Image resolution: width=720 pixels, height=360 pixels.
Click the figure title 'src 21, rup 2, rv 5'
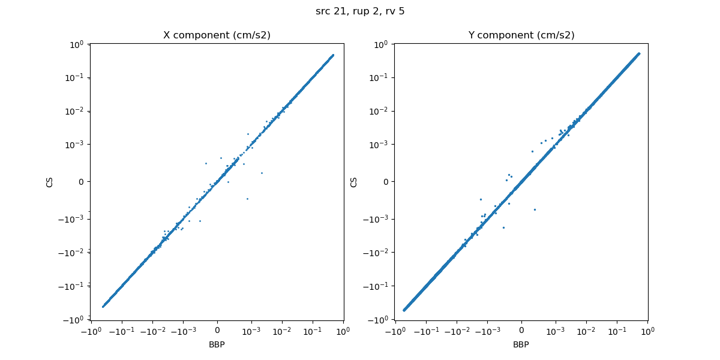(x=360, y=11)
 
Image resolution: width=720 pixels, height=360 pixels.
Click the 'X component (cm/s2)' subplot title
(x=217, y=35)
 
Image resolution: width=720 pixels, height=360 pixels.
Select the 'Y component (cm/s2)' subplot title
(x=521, y=35)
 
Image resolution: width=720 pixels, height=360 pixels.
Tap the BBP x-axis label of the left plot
(x=217, y=344)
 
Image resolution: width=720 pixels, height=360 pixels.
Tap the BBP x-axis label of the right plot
(x=521, y=344)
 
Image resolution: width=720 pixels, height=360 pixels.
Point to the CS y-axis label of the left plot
(x=50, y=181)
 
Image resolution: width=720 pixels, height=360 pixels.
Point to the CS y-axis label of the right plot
(x=354, y=181)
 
